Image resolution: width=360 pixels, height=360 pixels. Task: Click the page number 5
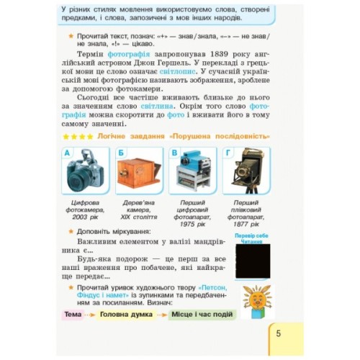279,333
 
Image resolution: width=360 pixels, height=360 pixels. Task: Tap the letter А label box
67,153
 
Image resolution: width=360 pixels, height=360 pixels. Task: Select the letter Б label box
120,153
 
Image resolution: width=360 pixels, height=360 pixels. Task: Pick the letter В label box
173,153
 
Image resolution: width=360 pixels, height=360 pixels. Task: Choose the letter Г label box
228,153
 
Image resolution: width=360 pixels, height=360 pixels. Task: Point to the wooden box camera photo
138,173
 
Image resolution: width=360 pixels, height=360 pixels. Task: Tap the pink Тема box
73,315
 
